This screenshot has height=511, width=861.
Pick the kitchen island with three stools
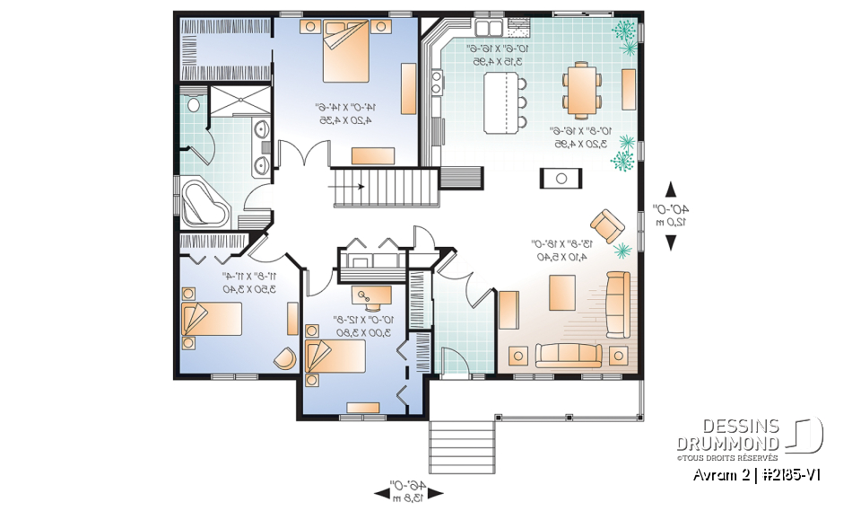click(x=502, y=102)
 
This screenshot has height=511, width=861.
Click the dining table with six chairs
click(x=582, y=89)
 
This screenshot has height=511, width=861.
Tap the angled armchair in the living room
click(x=608, y=224)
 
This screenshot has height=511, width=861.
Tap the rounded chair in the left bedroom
click(x=285, y=357)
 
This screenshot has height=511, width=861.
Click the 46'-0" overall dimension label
click(x=409, y=490)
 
